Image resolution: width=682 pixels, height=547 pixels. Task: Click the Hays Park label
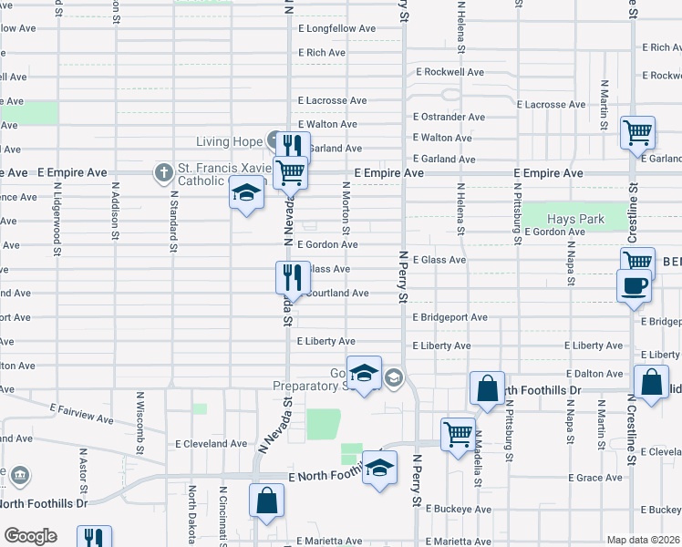coord(575,220)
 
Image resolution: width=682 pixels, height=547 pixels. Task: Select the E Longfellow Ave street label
coord(336,29)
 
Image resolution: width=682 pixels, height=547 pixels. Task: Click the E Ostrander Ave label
coord(449,117)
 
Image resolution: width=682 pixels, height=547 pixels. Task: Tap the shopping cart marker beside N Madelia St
coord(458,433)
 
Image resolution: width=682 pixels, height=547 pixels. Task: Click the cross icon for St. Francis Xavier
coord(163,171)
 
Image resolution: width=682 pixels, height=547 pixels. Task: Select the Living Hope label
coord(229,141)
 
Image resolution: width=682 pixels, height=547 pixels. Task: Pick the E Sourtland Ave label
coord(336,294)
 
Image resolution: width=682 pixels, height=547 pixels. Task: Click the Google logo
coord(30,536)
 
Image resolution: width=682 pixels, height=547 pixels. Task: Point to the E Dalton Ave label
coord(594,374)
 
